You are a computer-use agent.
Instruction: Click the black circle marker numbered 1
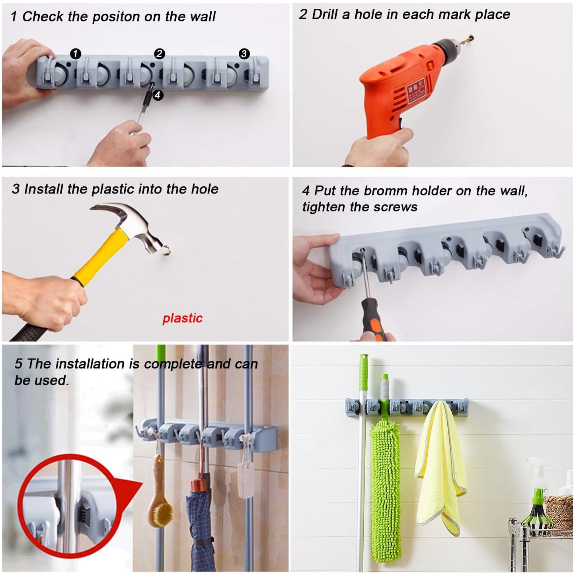tap(75, 54)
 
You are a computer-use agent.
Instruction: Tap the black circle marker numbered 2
tap(159, 54)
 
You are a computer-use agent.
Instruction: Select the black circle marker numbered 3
tap(244, 54)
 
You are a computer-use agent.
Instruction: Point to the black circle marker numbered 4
tap(158, 95)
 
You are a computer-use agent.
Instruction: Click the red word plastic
tap(182, 318)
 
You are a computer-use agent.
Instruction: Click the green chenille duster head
tap(386, 478)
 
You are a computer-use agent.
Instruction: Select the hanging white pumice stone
tap(245, 481)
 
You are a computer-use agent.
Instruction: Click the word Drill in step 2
tap(324, 15)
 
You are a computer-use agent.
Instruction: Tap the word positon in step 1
tap(115, 17)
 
